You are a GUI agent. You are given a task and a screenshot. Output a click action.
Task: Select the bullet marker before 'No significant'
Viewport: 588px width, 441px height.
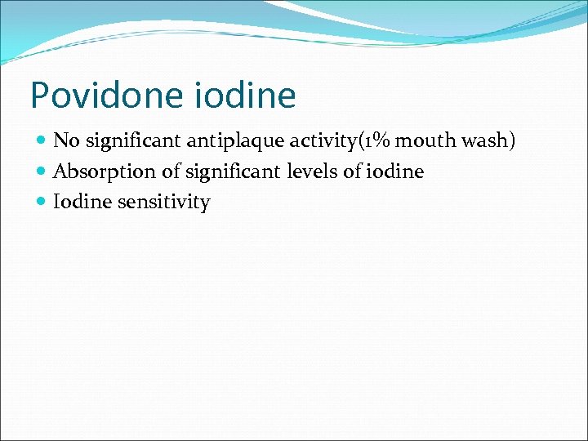(42, 141)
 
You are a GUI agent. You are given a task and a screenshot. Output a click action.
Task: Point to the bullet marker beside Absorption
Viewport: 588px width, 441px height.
(42, 172)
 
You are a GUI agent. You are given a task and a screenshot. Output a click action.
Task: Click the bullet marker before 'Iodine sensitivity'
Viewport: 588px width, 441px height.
(42, 203)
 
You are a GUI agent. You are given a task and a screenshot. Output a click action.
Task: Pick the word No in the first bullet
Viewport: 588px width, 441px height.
(65, 141)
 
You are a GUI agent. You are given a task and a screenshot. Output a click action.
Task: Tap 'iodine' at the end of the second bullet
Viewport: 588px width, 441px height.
(396, 172)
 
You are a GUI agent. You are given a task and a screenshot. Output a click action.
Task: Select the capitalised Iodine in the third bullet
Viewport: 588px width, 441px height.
(82, 203)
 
